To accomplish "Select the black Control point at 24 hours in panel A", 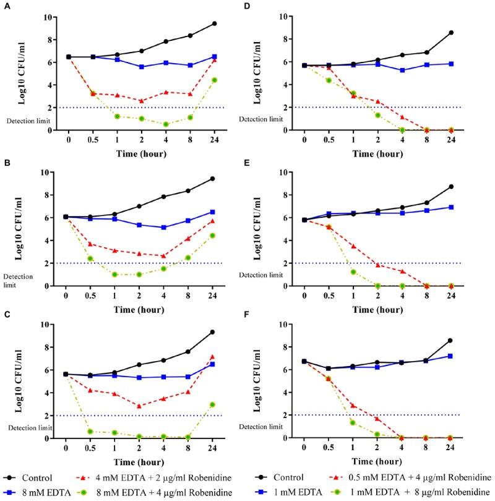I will tap(214, 24).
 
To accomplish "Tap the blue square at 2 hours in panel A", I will tap(141, 66).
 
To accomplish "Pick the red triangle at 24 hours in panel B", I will tap(214, 221).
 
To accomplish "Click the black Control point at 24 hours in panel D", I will tap(452, 32).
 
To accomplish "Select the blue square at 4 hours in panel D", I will tap(403, 70).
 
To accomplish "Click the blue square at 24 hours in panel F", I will tap(452, 356).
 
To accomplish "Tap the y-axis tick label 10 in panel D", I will tap(289, 16).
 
